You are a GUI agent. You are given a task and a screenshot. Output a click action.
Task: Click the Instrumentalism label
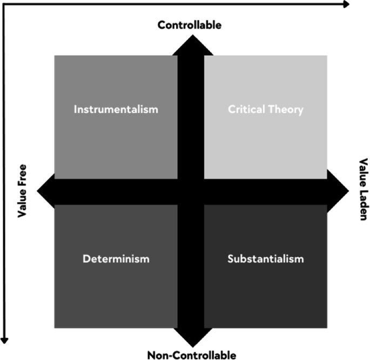(x=116, y=109)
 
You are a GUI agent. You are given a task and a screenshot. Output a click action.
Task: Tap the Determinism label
(x=116, y=259)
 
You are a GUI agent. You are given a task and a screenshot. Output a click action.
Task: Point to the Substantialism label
(x=265, y=259)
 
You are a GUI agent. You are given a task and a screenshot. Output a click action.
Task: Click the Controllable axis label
(x=190, y=25)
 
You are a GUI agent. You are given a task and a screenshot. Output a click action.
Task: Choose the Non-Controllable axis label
(x=192, y=355)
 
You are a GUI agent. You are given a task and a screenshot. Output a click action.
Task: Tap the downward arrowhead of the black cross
(x=190, y=338)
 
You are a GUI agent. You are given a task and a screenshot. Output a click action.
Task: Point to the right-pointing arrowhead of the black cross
(x=340, y=191)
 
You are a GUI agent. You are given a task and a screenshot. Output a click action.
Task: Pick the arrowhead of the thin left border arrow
(x=5, y=339)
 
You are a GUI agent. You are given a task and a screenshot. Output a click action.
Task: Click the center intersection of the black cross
(x=190, y=191)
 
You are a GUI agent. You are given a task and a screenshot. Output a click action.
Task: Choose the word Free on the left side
(x=22, y=176)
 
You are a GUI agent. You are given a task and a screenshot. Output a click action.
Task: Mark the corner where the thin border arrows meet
(x=5, y=4)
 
